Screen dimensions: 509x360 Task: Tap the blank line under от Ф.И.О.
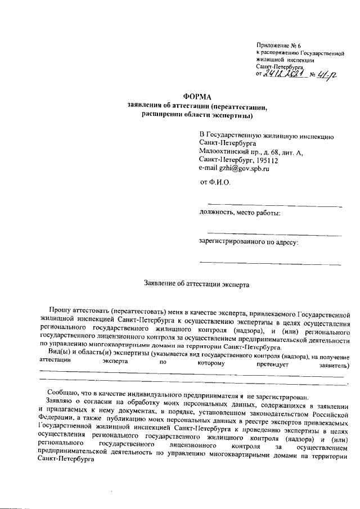coord(274,204)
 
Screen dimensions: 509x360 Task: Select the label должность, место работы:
coord(240,212)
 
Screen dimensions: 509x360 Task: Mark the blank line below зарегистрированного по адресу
coord(271,263)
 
